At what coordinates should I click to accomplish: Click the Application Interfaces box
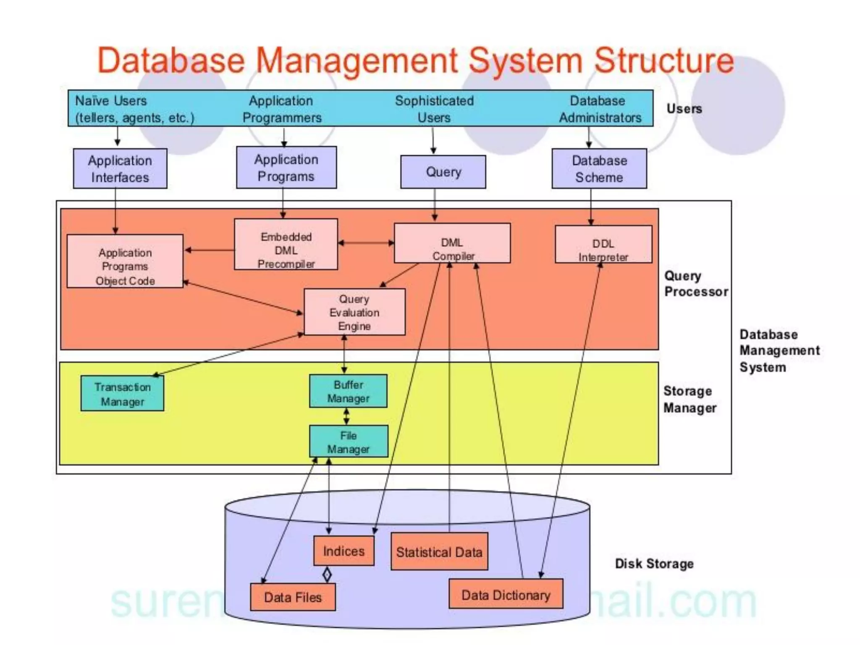pos(120,168)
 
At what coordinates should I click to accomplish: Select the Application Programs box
pos(286,168)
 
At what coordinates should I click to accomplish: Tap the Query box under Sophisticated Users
pos(443,172)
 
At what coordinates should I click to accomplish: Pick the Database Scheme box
pos(599,168)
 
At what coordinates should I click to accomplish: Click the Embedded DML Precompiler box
pos(286,244)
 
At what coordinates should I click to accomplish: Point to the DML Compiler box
pos(452,243)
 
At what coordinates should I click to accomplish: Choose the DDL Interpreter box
pos(603,244)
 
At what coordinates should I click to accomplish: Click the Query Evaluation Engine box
pos(354,312)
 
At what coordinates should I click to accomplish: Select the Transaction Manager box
pos(122,393)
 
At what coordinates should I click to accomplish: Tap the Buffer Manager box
pos(348,391)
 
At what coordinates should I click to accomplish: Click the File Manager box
pos(349,441)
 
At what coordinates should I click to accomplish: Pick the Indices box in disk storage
pos(344,551)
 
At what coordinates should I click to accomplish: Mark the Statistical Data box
pos(439,552)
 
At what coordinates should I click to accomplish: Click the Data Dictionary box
pos(506,594)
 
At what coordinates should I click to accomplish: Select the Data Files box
pos(293,597)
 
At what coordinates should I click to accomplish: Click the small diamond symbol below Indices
pos(327,574)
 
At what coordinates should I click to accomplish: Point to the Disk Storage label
pos(654,564)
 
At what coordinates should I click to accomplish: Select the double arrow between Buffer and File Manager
pos(346,417)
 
